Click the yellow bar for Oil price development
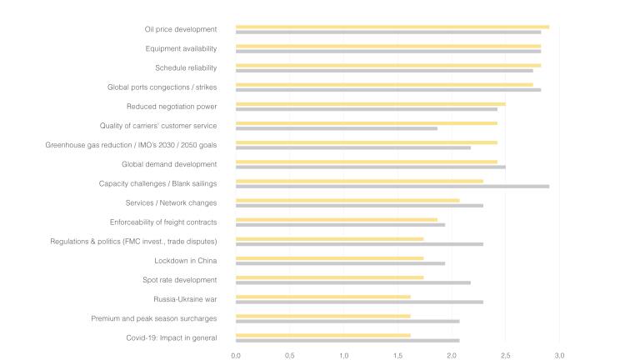click(x=392, y=27)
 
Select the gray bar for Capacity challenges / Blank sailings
click(x=392, y=187)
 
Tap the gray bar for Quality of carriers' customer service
click(x=336, y=128)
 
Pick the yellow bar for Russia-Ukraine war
click(x=322, y=297)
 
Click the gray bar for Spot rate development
click(x=352, y=282)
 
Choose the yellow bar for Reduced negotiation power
click(x=370, y=104)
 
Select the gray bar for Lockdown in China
click(x=340, y=263)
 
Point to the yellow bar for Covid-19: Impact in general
click(x=322, y=335)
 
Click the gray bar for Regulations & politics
click(x=359, y=244)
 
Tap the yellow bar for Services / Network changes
click(x=347, y=200)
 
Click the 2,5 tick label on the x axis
click(x=506, y=355)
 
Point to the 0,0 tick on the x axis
click(x=236, y=355)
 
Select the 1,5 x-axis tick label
click(x=397, y=355)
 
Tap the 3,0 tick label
click(x=559, y=355)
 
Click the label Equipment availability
click(x=181, y=48)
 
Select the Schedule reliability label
click(x=186, y=67)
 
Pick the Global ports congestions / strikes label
click(x=162, y=87)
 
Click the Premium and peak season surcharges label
click(x=154, y=318)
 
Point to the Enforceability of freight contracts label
click(x=163, y=222)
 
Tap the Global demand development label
click(x=169, y=164)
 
